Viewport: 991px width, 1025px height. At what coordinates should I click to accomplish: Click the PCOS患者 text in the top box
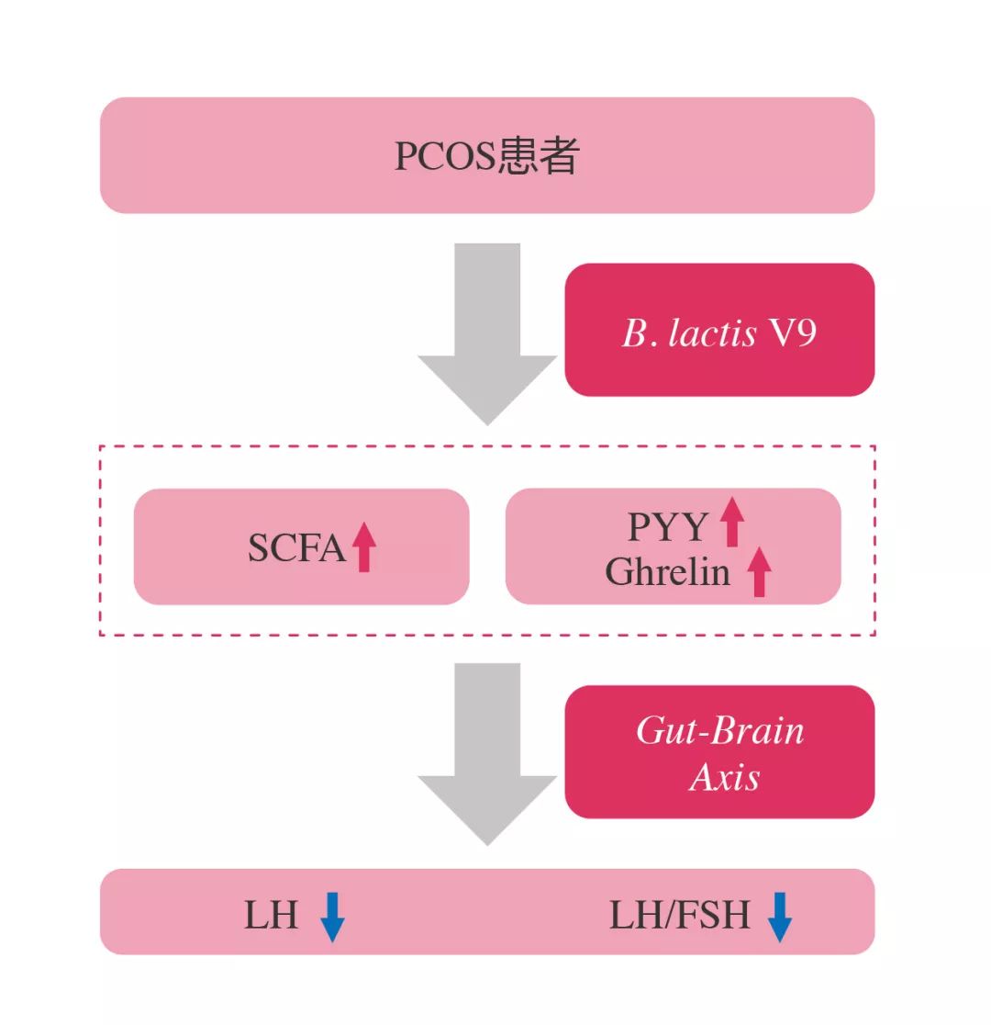click(x=486, y=157)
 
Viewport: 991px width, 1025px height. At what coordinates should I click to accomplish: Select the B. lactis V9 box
click(x=719, y=330)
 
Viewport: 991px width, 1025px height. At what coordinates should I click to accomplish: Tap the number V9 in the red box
click(x=792, y=332)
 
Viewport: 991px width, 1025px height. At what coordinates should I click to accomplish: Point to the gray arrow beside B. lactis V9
click(x=487, y=335)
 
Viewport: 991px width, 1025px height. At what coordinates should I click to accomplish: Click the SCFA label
click(x=295, y=548)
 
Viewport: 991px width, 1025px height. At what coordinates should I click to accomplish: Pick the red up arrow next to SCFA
click(x=364, y=546)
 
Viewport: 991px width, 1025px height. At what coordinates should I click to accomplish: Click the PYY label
click(x=667, y=527)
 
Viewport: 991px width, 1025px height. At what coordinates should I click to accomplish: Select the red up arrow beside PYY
click(x=731, y=522)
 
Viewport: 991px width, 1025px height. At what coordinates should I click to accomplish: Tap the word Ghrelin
click(x=668, y=572)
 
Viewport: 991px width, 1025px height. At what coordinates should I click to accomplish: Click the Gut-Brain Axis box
click(x=719, y=751)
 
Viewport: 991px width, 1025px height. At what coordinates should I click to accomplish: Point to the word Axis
click(x=725, y=778)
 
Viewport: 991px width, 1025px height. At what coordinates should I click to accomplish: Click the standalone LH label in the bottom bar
click(x=271, y=916)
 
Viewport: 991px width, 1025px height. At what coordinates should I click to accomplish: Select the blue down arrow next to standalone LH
click(x=332, y=917)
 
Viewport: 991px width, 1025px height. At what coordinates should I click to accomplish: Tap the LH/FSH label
click(x=679, y=916)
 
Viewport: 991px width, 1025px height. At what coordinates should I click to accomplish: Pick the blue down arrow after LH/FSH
click(x=779, y=917)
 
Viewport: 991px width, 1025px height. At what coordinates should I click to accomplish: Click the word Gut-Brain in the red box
click(x=720, y=731)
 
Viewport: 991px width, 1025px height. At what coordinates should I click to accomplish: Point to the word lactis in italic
click(x=712, y=332)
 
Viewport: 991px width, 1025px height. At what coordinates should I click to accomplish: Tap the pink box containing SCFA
click(x=301, y=546)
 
